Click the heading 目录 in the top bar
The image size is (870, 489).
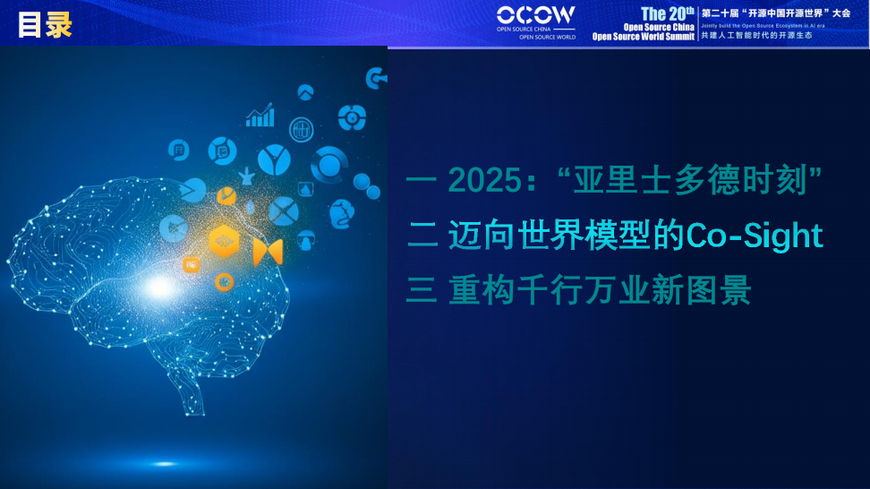[44, 24]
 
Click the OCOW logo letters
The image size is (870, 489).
[535, 15]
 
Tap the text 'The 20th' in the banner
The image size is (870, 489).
[666, 13]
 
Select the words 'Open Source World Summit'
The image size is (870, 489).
[643, 38]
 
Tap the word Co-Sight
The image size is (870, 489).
[754, 236]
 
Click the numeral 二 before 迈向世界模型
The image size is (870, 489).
[422, 236]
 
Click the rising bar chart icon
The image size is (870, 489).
[260, 116]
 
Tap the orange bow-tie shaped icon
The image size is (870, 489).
[267, 252]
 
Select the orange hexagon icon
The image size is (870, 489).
[224, 241]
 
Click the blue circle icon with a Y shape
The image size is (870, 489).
[274, 160]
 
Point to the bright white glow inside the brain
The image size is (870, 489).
[159, 287]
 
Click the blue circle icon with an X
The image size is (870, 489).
[283, 211]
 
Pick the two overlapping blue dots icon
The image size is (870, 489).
[365, 184]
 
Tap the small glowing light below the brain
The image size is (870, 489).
[164, 463]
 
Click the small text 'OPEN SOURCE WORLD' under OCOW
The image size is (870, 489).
[548, 38]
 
